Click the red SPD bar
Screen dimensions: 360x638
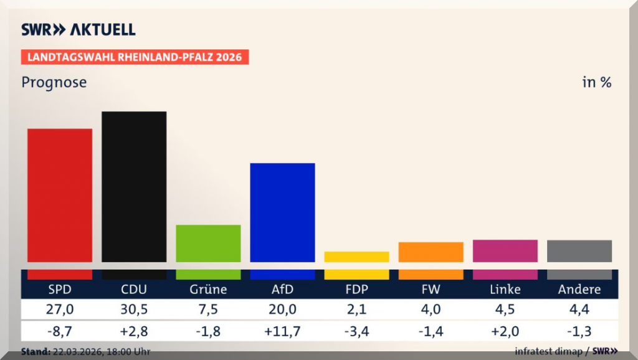60,195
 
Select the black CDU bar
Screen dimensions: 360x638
134,186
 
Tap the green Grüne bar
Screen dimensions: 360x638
208,243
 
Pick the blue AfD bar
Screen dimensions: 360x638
282,212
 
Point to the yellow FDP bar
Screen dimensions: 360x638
356,257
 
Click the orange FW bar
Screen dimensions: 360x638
431,252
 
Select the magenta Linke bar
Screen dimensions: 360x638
505,250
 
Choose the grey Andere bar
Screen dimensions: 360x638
579,250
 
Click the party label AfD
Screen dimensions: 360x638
282,290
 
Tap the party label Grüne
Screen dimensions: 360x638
208,290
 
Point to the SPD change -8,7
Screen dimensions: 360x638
60,331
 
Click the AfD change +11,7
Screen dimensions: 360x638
282,331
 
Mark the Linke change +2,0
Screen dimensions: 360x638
505,331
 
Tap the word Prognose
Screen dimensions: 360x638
54,82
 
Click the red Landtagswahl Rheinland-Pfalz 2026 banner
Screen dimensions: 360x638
135,57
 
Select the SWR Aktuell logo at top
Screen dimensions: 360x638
79,29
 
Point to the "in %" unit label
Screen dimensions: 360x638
597,82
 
